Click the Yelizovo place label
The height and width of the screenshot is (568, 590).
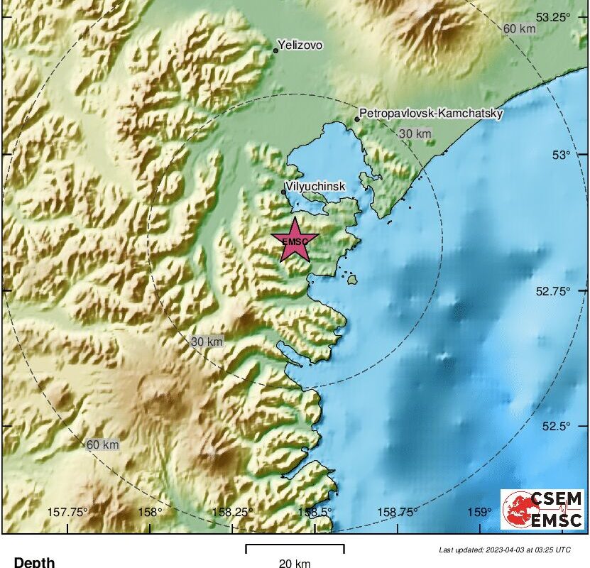pyautogui.click(x=301, y=45)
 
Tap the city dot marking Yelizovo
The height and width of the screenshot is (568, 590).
pyautogui.click(x=276, y=50)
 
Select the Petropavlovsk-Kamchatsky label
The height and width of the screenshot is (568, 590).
pyautogui.click(x=432, y=113)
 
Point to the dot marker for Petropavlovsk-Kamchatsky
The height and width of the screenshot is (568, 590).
pyautogui.click(x=357, y=119)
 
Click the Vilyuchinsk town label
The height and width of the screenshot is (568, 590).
pyautogui.click(x=315, y=186)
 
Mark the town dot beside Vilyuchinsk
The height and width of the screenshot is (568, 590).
pyautogui.click(x=284, y=191)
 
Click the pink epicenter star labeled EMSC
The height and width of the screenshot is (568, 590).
pyautogui.click(x=295, y=240)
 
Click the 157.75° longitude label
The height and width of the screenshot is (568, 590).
pyautogui.click(x=67, y=512)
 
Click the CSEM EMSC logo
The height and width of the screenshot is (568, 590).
pyautogui.click(x=542, y=508)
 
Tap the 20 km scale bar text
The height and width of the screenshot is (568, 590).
pyautogui.click(x=294, y=563)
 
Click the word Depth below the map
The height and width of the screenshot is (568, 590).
pyautogui.click(x=34, y=562)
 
